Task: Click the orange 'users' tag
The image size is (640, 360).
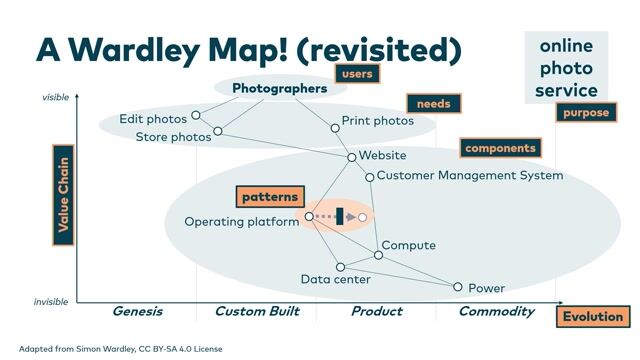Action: click(357, 74)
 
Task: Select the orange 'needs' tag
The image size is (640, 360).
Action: click(433, 103)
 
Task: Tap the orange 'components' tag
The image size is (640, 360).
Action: click(501, 147)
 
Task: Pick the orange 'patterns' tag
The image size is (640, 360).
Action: click(270, 196)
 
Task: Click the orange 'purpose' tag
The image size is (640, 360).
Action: click(585, 113)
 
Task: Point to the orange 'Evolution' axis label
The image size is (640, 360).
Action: click(592, 317)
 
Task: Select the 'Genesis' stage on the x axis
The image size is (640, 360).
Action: click(137, 312)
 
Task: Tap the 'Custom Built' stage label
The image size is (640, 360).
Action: click(257, 312)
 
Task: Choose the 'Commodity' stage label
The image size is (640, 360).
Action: click(496, 312)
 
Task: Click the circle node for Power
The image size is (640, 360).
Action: click(458, 287)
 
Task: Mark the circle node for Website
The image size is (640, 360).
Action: click(351, 157)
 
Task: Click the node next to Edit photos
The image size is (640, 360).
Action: click(196, 116)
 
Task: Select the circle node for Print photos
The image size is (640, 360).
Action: click(335, 127)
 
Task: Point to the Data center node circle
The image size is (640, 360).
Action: click(340, 267)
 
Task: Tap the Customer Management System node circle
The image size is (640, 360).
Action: click(369, 177)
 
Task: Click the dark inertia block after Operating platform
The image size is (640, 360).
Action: click(340, 216)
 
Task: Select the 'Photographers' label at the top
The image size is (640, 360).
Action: click(279, 88)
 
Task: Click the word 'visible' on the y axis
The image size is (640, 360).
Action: click(55, 97)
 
